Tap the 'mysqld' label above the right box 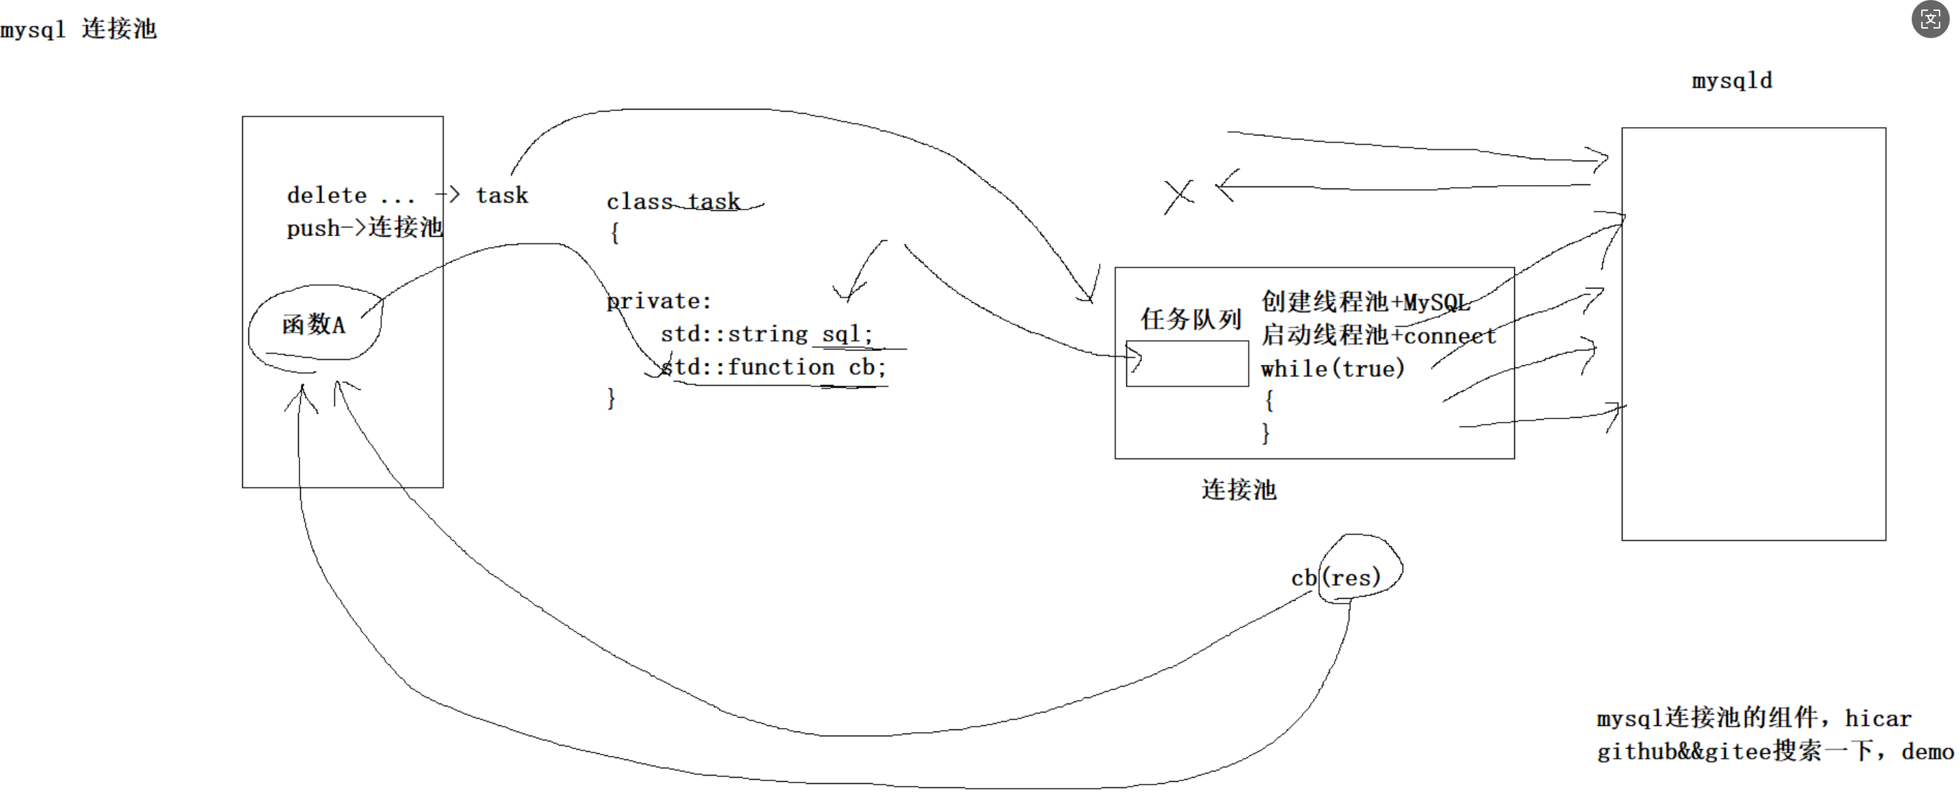(x=1732, y=81)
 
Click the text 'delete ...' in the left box (x=350, y=195)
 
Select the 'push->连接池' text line (x=363, y=227)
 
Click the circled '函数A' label (x=314, y=325)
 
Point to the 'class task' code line (x=672, y=201)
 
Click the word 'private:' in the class (x=659, y=301)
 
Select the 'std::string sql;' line (x=766, y=334)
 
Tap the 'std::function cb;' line (x=773, y=367)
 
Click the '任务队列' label (x=1191, y=319)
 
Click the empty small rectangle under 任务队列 (x=1187, y=363)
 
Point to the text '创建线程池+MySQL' (x=1365, y=302)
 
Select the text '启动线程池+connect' (x=1378, y=335)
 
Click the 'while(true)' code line (x=1333, y=369)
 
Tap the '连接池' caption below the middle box (x=1239, y=489)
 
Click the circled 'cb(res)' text (x=1336, y=578)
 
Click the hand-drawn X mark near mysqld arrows (x=1179, y=196)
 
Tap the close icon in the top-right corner (x=1930, y=19)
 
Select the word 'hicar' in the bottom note (x=1878, y=719)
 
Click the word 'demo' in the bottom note (x=1927, y=753)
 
